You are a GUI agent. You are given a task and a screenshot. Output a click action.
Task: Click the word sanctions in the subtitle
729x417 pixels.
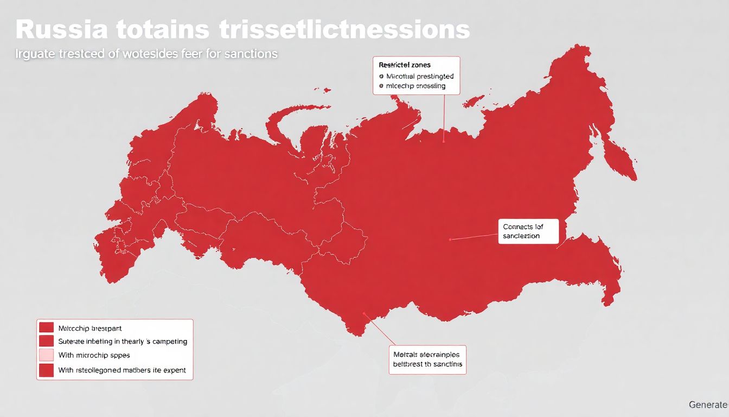[252, 54]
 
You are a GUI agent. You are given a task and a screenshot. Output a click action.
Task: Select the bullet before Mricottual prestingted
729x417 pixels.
[381, 77]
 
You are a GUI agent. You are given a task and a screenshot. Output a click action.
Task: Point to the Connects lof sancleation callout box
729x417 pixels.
[527, 231]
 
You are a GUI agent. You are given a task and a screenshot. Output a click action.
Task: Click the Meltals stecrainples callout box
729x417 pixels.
[428, 359]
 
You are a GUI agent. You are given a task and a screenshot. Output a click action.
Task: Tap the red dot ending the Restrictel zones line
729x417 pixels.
[444, 142]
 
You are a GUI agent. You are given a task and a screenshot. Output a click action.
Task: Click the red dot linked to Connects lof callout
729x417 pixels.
[450, 239]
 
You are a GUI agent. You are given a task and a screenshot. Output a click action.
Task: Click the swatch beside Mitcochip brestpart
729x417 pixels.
[47, 328]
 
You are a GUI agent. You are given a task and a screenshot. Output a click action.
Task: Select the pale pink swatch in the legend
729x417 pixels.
[47, 355]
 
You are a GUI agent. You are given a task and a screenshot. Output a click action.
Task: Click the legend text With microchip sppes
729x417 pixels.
[94, 355]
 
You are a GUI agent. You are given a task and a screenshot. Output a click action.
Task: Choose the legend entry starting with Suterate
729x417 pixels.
[122, 342]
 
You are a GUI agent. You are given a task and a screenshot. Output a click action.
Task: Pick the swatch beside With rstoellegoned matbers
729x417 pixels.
[47, 370]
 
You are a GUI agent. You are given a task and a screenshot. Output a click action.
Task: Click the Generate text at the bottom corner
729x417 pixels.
[708, 405]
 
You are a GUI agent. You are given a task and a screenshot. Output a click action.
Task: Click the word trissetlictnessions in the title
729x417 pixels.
[345, 30]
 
